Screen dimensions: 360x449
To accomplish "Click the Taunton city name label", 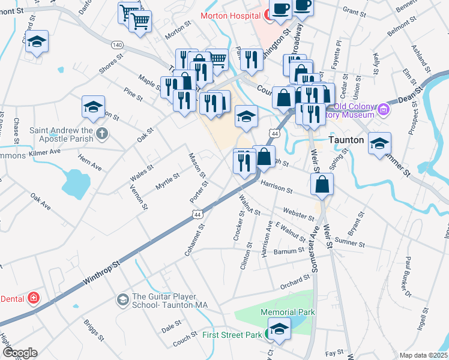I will pyautogui.click(x=348, y=139).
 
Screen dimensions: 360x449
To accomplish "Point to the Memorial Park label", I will pyautogui.click(x=288, y=312).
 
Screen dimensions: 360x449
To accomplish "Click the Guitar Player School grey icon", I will pyautogui.click(x=123, y=299).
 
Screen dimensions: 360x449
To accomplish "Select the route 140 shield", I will pyautogui.click(x=117, y=45).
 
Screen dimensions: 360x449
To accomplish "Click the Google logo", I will pyautogui.click(x=20, y=353).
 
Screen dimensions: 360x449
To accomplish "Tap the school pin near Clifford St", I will pyautogui.click(x=37, y=43).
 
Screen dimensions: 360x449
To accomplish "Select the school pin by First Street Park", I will pyautogui.click(x=278, y=329).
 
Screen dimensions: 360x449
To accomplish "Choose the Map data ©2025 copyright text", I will pyautogui.click(x=423, y=355).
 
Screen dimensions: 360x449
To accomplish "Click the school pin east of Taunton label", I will pyautogui.click(x=379, y=143).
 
